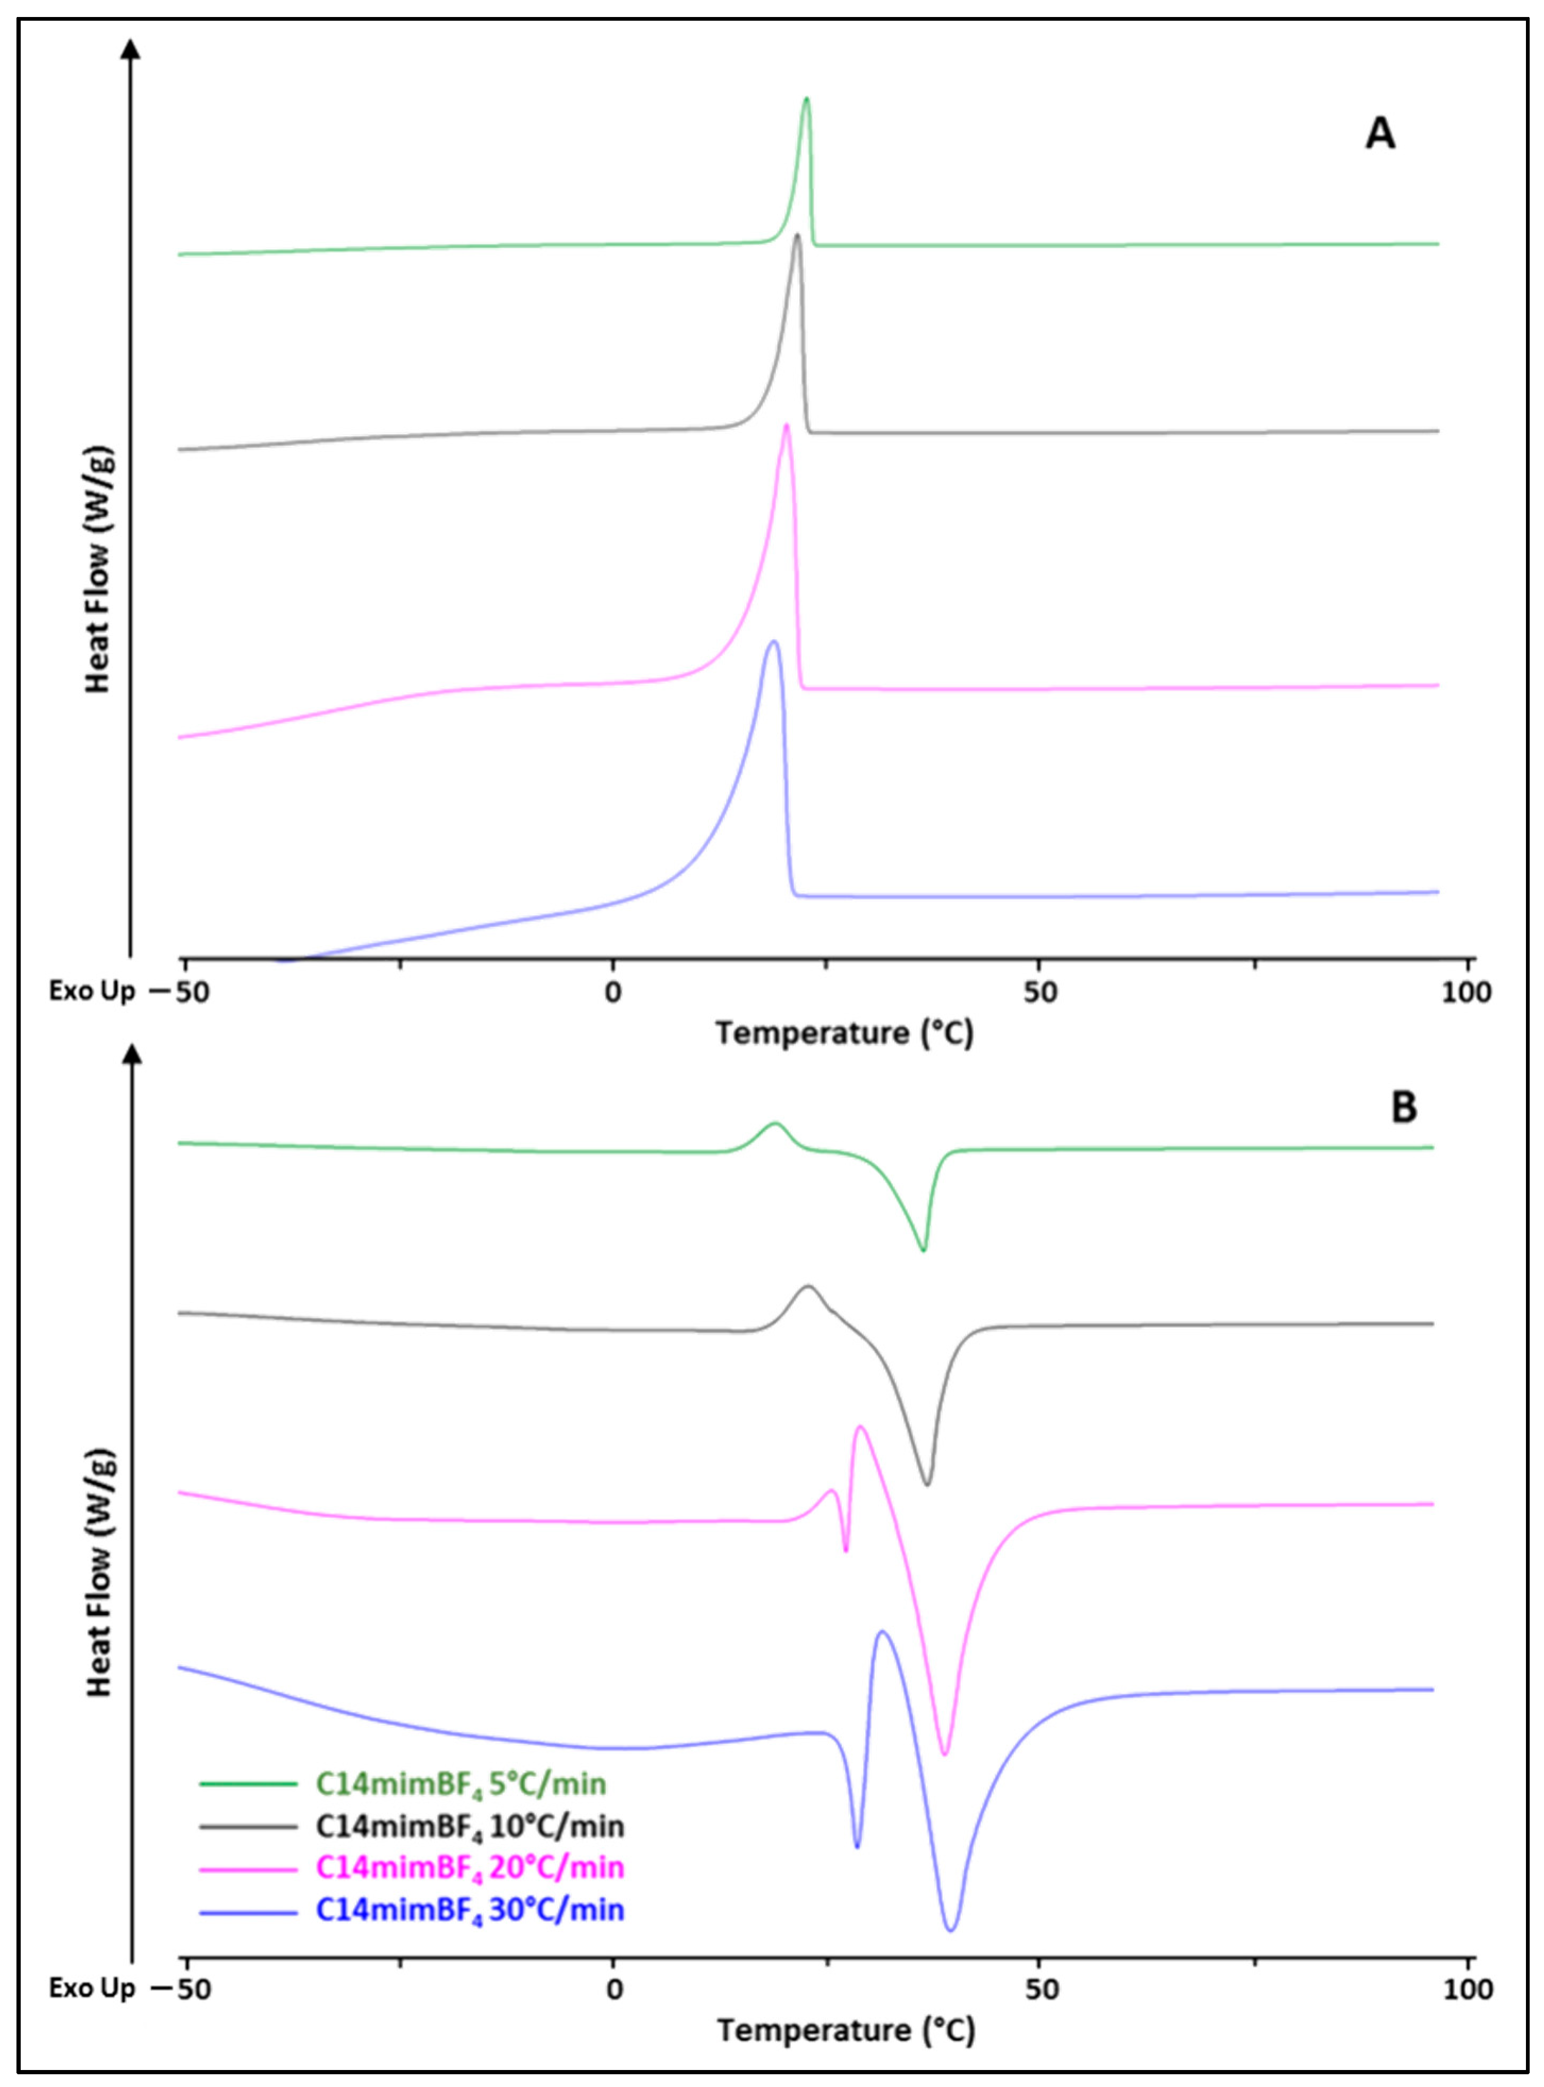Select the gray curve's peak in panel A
pos(796,235)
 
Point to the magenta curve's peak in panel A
pos(786,426)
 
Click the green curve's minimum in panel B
pos(924,1251)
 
